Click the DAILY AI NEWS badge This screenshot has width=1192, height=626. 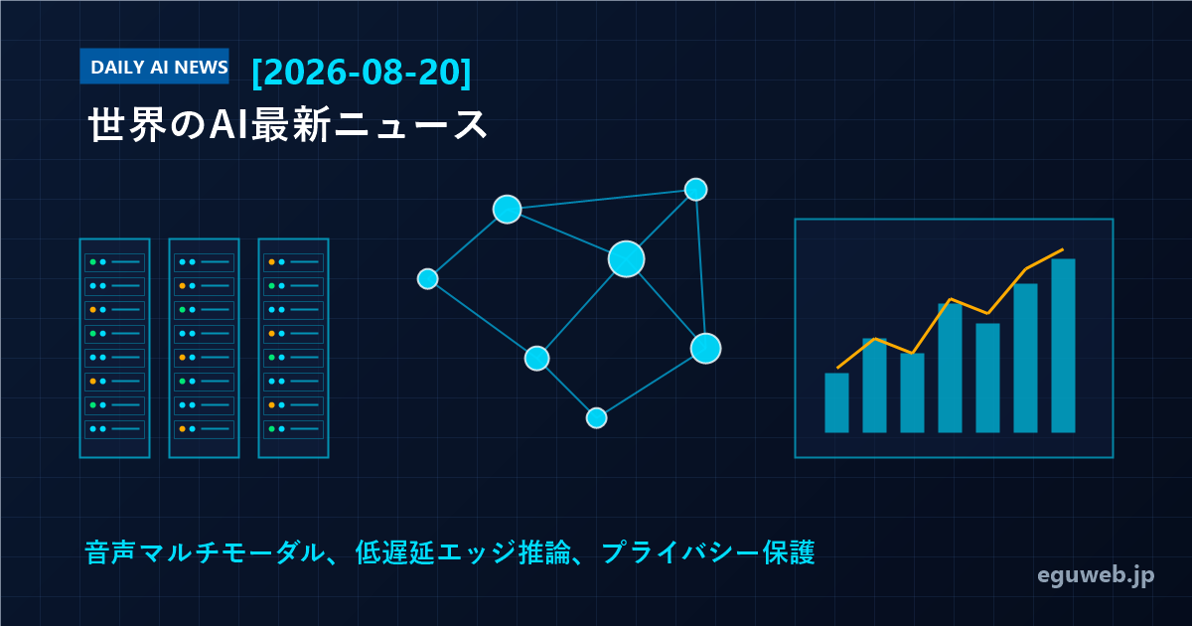(154, 67)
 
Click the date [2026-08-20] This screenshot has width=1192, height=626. (362, 72)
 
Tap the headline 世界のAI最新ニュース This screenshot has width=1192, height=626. (287, 125)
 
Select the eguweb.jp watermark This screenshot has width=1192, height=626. (1096, 575)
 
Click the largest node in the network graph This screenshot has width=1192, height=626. (627, 259)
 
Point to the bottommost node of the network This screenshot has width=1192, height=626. (597, 418)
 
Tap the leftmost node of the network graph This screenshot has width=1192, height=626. (427, 279)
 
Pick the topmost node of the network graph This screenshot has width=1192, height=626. (695, 190)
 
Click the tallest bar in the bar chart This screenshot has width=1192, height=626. (1063, 346)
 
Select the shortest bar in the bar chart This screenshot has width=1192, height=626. (836, 402)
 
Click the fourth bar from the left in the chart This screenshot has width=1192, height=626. (950, 368)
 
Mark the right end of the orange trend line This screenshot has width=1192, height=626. (1063, 249)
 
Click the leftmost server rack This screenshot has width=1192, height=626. (114, 348)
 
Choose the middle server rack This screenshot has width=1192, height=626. (204, 348)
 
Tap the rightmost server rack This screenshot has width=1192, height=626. (293, 348)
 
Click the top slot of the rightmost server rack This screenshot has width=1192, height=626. (293, 262)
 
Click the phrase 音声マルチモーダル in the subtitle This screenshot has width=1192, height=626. (205, 552)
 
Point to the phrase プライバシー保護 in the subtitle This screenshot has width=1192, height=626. (708, 552)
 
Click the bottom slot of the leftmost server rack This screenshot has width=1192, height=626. (114, 429)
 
